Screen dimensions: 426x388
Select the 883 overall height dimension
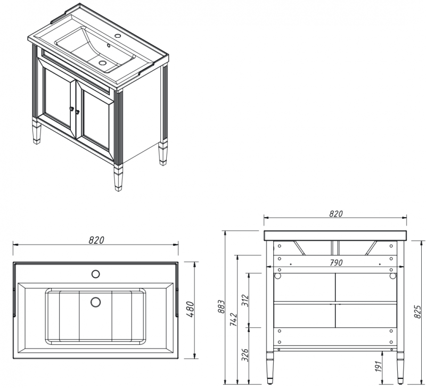point(222,307)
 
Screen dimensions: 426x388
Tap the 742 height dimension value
point(234,319)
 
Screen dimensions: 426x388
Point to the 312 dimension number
point(245,301)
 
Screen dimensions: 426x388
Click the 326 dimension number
point(245,355)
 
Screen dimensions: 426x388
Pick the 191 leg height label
point(378,366)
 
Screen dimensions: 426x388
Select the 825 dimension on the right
point(418,312)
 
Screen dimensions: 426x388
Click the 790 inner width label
point(336,263)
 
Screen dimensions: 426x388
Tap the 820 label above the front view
point(336,213)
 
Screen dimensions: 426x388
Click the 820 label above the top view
point(96,240)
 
